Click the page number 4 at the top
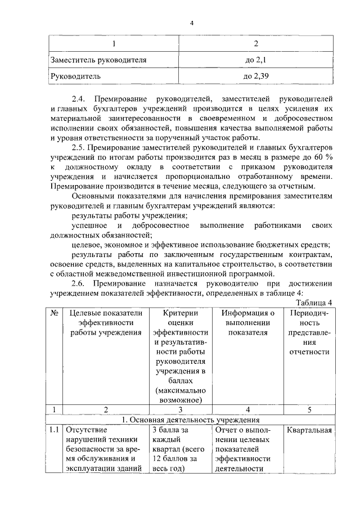tap(191, 22)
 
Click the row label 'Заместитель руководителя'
tap(99, 58)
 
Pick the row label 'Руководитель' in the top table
tap(76, 74)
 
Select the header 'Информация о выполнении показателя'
tap(247, 322)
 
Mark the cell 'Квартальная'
tap(309, 431)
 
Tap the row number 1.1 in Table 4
tap(54, 431)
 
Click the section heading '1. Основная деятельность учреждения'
tap(191, 420)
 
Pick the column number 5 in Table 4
tap(309, 409)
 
